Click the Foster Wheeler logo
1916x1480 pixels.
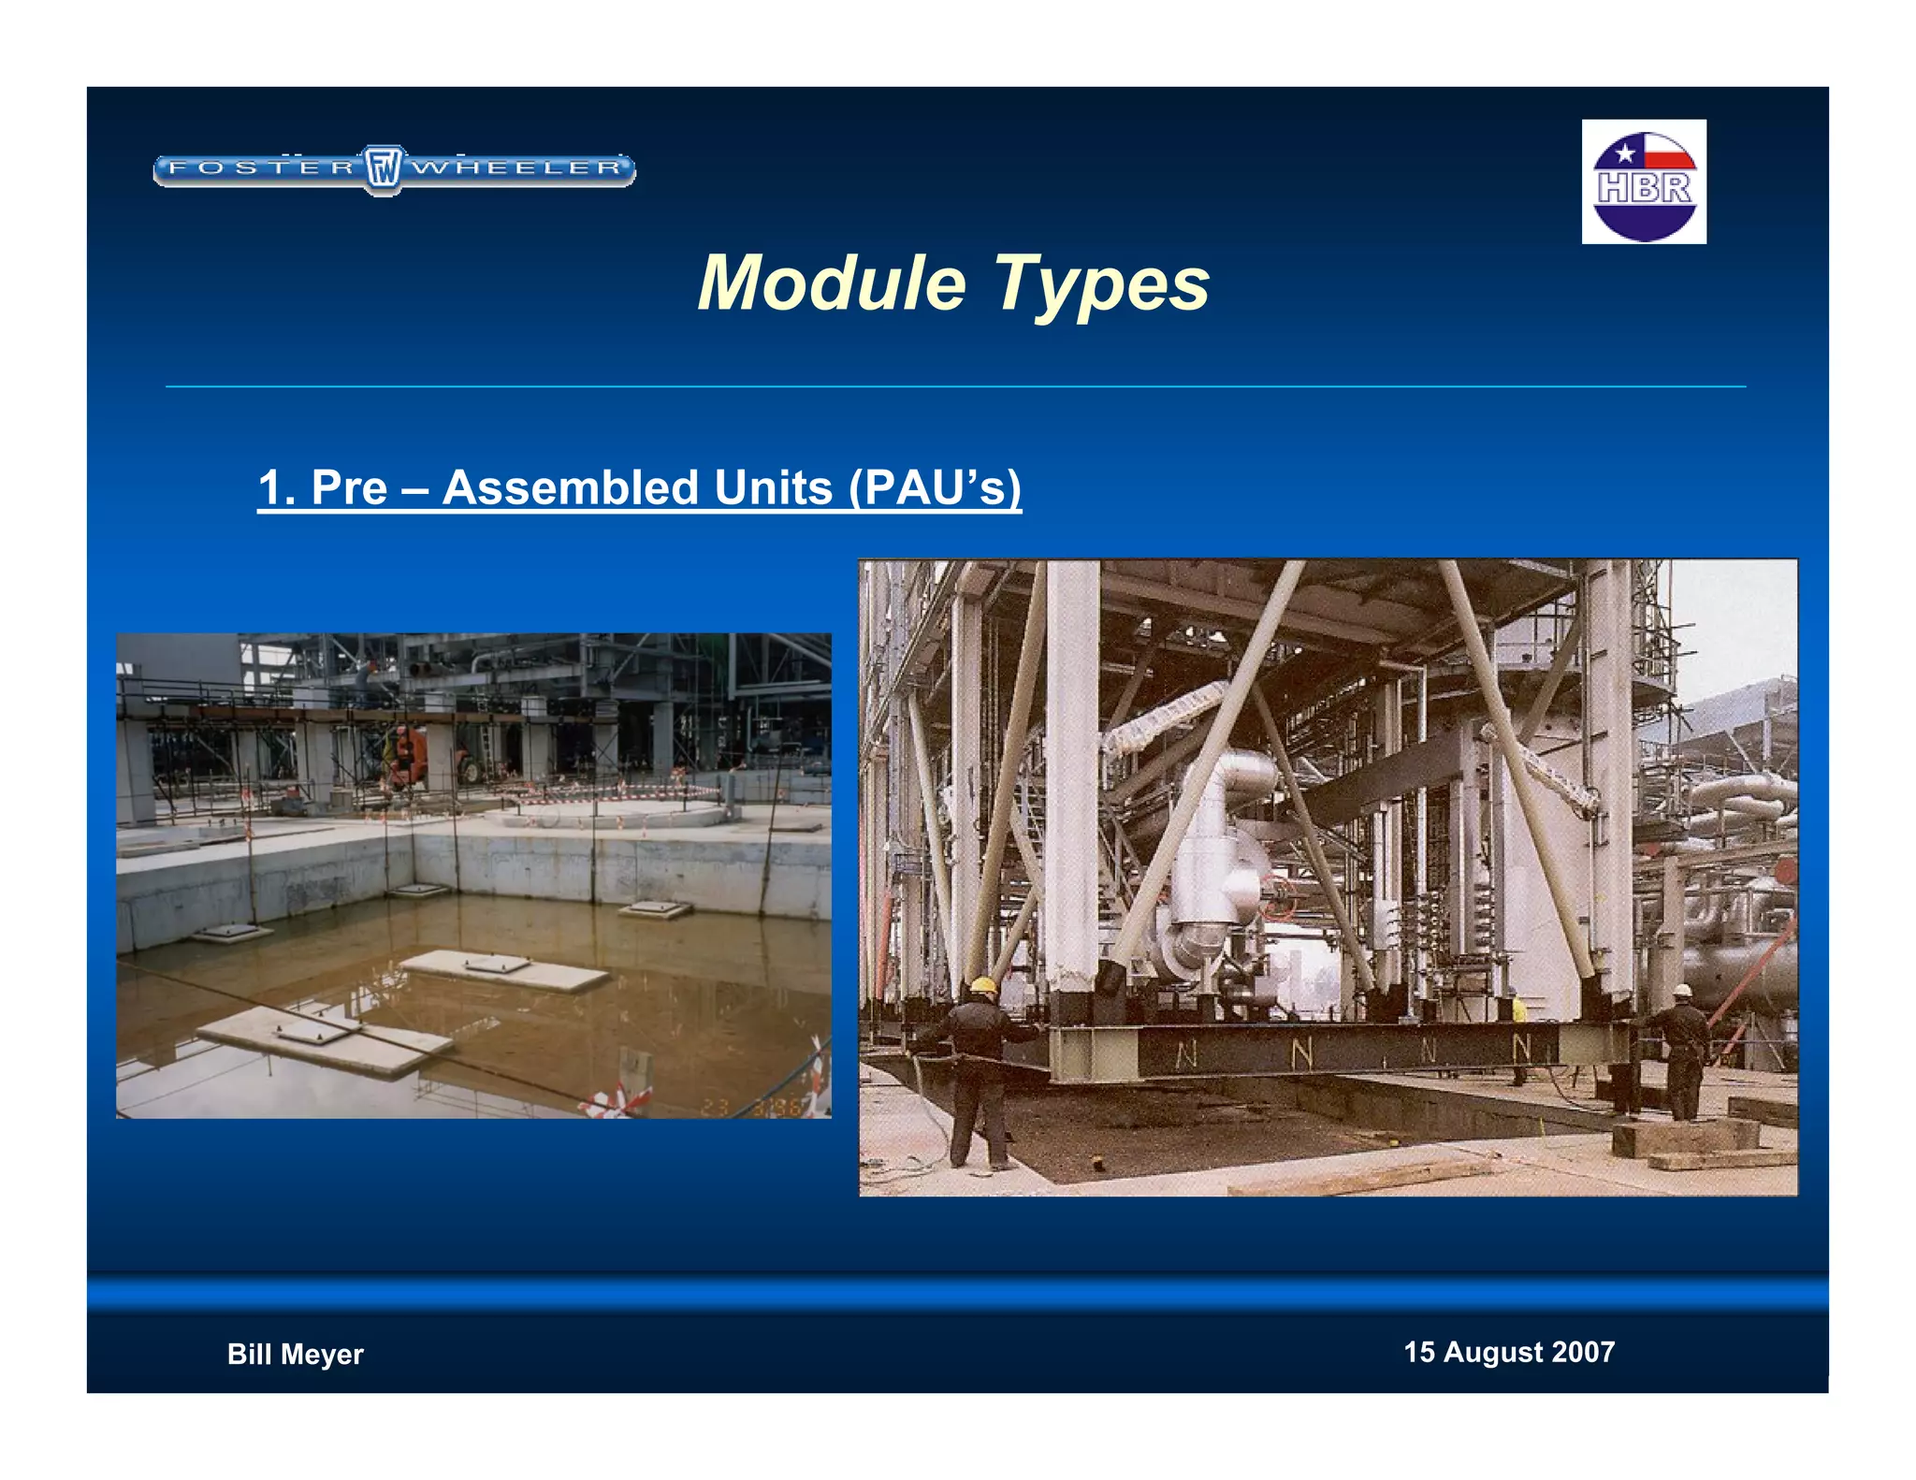[394, 169]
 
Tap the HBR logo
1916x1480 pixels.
[1644, 181]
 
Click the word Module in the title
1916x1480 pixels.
[832, 283]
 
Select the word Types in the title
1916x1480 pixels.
[1101, 283]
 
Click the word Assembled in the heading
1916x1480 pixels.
[637, 487]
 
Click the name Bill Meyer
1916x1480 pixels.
[295, 1354]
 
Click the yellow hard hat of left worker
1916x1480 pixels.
[982, 985]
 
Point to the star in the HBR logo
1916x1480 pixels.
[1625, 152]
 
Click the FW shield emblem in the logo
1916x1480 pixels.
[384, 169]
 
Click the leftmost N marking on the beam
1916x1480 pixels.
[1185, 1054]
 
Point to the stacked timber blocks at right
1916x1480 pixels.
[1684, 1137]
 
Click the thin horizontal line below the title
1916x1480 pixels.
[954, 385]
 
